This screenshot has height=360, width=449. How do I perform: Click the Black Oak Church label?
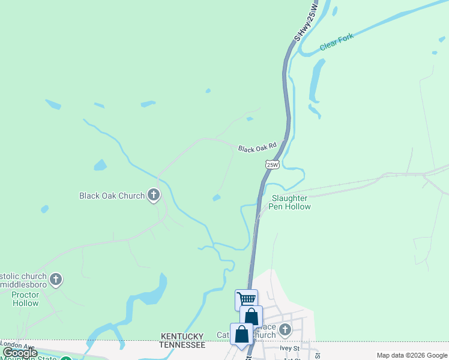(x=112, y=196)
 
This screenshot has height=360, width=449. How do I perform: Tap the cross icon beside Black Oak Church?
(x=154, y=194)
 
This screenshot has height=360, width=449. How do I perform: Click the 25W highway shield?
(x=272, y=164)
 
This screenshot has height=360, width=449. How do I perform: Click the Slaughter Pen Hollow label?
(x=291, y=202)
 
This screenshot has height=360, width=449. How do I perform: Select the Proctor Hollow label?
(x=25, y=299)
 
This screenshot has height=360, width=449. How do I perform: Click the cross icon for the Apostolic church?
(x=56, y=279)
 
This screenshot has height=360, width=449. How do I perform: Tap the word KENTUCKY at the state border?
(x=182, y=337)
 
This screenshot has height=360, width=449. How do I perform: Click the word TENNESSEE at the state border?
(x=182, y=345)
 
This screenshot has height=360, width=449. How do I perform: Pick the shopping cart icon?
(x=246, y=299)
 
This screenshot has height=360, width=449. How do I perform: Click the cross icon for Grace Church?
(x=285, y=329)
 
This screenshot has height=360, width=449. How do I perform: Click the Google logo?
(x=20, y=353)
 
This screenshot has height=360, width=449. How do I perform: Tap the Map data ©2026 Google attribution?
(x=412, y=355)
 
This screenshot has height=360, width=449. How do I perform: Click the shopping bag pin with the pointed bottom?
(x=241, y=335)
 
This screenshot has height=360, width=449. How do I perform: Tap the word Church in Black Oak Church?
(x=131, y=196)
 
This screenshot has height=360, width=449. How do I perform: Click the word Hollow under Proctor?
(x=25, y=303)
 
